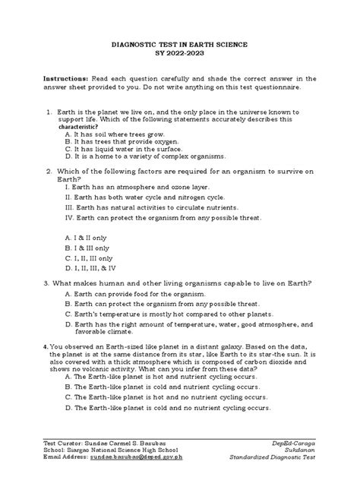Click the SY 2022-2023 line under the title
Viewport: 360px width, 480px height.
[x=180, y=56]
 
